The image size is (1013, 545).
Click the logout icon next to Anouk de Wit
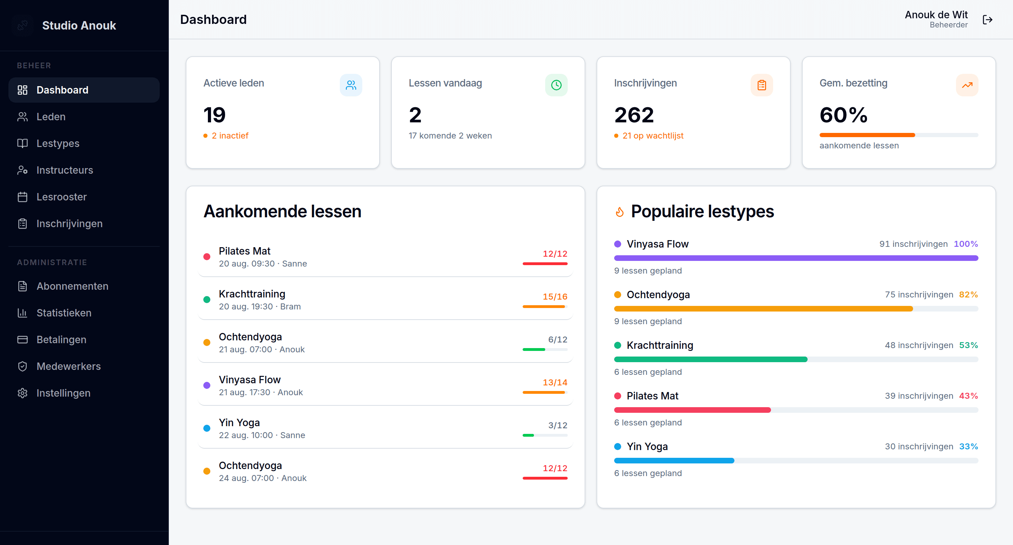tap(987, 20)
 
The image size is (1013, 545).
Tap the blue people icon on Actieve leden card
tap(351, 85)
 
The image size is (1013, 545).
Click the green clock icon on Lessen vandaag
tap(556, 85)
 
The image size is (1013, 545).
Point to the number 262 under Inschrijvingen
tap(634, 115)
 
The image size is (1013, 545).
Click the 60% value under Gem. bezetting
tap(843, 115)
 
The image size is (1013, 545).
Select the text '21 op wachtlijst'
tap(653, 136)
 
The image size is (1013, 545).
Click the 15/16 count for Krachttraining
tap(555, 296)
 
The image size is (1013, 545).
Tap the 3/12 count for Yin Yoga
tap(558, 425)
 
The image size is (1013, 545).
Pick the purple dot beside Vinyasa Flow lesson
tap(207, 385)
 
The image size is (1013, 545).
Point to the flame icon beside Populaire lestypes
tap(620, 212)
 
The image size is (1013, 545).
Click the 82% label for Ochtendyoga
tap(968, 295)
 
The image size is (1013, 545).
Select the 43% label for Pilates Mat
tap(968, 396)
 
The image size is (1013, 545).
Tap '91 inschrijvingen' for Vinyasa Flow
tap(913, 244)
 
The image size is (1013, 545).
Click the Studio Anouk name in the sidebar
tap(79, 26)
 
